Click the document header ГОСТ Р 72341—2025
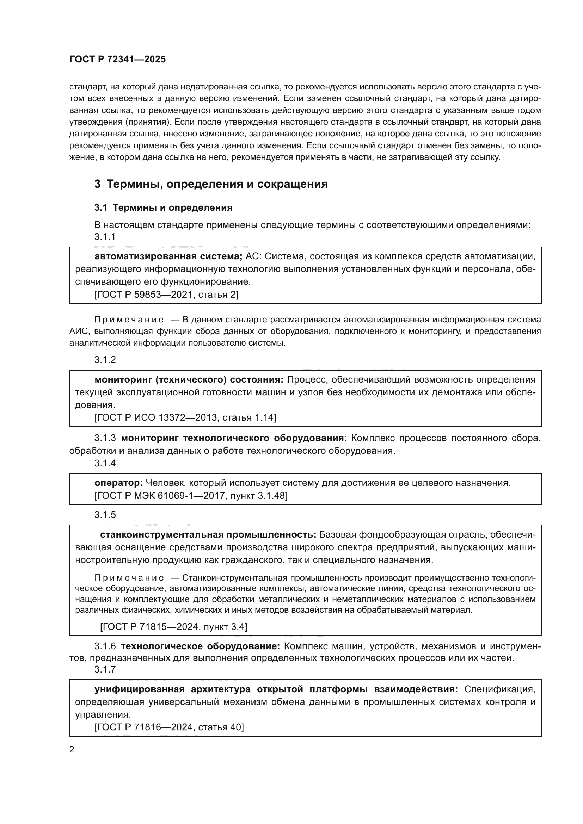117,60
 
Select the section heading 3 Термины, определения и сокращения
211,184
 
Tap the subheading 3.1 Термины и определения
163,207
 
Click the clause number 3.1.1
105,237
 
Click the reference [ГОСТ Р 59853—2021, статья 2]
166,295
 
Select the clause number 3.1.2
105,360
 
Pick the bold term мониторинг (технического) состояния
189,380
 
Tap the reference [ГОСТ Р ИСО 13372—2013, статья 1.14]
185,417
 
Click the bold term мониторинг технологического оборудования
232,438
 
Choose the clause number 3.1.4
105,463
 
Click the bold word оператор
118,483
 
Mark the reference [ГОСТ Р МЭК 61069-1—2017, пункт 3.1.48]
191,496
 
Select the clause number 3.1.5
105,515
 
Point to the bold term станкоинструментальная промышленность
208,535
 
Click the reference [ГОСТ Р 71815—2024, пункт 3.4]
173,627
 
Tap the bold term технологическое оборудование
200,646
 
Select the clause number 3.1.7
105,669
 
